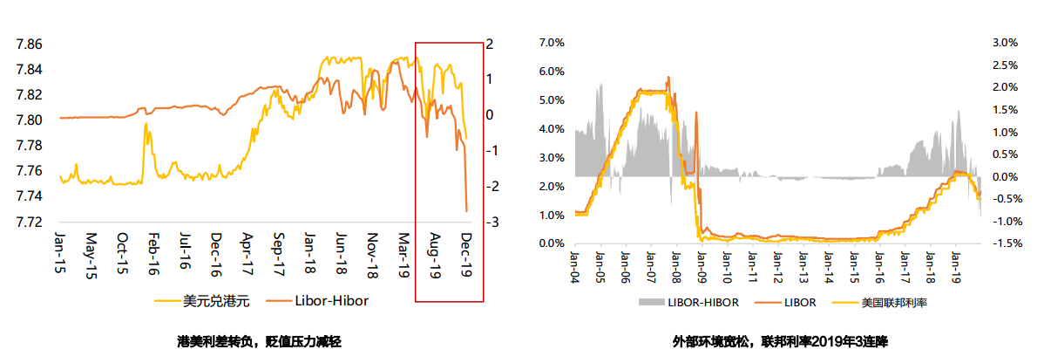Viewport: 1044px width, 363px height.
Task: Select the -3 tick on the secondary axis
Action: (491, 223)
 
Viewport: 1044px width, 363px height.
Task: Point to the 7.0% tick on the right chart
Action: (553, 43)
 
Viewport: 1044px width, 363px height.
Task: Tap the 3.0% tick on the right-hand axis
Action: (1005, 43)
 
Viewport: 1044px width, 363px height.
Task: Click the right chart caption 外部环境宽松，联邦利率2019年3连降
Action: (780, 341)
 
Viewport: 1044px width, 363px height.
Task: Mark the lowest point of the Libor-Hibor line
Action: (466, 210)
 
